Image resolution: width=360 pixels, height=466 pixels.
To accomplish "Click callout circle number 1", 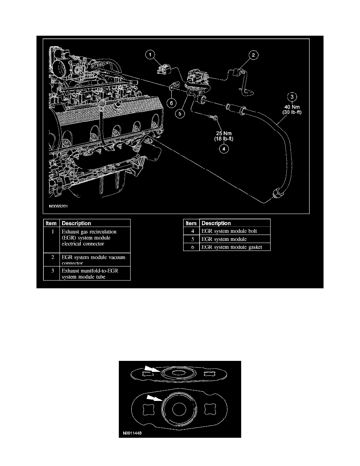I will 151,55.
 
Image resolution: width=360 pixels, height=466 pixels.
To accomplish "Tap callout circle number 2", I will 253,55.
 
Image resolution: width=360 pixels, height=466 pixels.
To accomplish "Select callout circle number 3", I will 291,96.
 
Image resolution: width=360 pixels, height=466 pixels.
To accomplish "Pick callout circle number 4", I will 224,149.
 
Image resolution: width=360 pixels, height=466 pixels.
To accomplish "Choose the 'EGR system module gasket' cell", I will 231,247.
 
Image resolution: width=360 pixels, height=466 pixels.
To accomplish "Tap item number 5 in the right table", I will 191,239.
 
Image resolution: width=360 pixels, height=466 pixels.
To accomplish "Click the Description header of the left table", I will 76,223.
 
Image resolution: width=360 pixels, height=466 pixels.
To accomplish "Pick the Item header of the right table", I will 191,223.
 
